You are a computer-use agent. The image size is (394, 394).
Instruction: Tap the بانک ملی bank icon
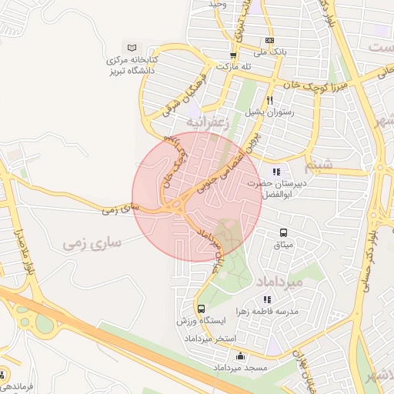[269, 40]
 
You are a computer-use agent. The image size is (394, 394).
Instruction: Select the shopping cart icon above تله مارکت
[233, 55]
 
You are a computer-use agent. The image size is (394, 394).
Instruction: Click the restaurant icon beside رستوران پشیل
[269, 100]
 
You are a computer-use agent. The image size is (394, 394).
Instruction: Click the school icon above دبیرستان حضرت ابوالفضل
[275, 171]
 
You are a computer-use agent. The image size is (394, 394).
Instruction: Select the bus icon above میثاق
[283, 232]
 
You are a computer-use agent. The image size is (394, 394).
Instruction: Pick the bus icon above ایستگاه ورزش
[202, 309]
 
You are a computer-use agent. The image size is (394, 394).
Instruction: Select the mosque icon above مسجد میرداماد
[241, 356]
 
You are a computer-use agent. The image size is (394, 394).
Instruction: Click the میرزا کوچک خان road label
[304, 82]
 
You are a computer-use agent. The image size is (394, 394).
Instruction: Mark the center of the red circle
[197, 197]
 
